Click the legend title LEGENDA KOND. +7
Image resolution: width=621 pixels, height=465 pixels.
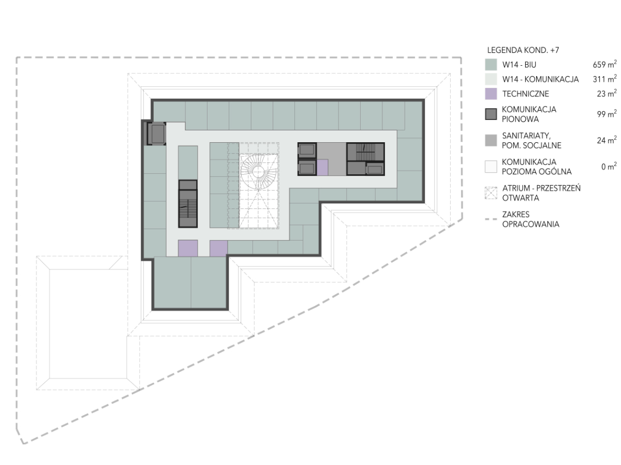pyautogui.click(x=523, y=50)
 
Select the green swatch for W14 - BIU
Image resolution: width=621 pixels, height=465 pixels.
pyautogui.click(x=491, y=65)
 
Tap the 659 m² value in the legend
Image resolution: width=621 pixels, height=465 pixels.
pyautogui.click(x=604, y=65)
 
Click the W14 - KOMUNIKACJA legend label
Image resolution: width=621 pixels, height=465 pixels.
pyautogui.click(x=540, y=80)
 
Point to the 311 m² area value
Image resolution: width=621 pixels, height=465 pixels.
pyautogui.click(x=604, y=79)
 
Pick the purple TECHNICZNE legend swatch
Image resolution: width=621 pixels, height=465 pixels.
pyautogui.click(x=491, y=94)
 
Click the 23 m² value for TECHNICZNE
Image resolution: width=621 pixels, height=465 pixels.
pyautogui.click(x=607, y=93)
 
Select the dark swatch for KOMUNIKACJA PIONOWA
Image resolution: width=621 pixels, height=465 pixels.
pyautogui.click(x=491, y=114)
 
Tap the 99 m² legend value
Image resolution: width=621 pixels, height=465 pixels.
pyautogui.click(x=607, y=114)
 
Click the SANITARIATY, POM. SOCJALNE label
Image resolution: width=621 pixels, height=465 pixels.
pyautogui.click(x=531, y=141)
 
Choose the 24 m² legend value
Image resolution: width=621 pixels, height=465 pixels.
pyautogui.click(x=607, y=140)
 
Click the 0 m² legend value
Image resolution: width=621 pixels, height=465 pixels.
pyautogui.click(x=609, y=167)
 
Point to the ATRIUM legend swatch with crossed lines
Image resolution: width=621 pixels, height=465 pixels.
pyautogui.click(x=491, y=193)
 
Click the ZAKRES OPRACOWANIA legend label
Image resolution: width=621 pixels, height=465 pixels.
pyautogui.click(x=531, y=219)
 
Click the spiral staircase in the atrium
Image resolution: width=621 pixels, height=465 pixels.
pyautogui.click(x=258, y=171)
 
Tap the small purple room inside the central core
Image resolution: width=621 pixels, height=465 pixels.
pyautogui.click(x=322, y=168)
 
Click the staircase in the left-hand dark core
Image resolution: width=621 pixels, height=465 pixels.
pyautogui.click(x=188, y=208)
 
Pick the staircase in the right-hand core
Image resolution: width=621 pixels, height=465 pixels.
pyautogui.click(x=365, y=152)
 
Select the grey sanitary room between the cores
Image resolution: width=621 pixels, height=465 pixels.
pyautogui.click(x=332, y=159)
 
